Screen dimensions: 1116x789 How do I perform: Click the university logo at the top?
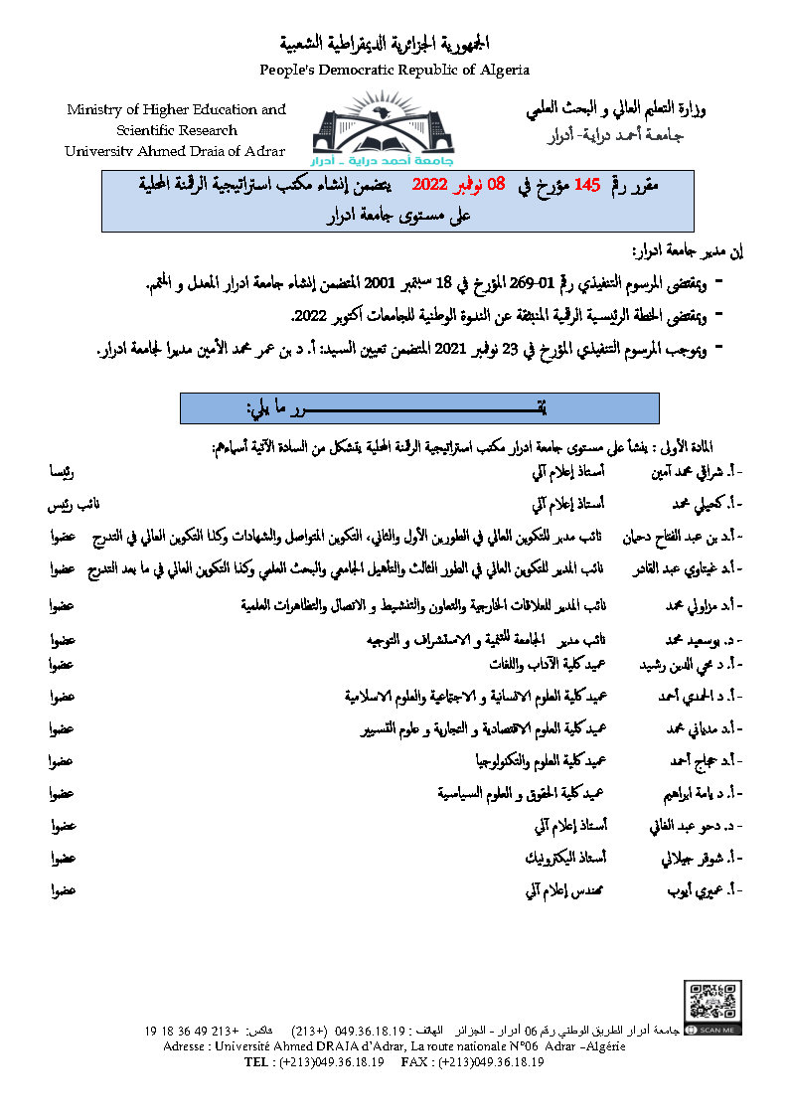point(394,128)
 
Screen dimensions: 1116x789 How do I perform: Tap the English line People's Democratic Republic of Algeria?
point(394,70)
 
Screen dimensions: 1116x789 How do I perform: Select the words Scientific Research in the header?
point(177,130)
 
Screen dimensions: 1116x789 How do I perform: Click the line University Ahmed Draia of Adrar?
point(175,151)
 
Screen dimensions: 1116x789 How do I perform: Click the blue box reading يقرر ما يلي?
point(421,408)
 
